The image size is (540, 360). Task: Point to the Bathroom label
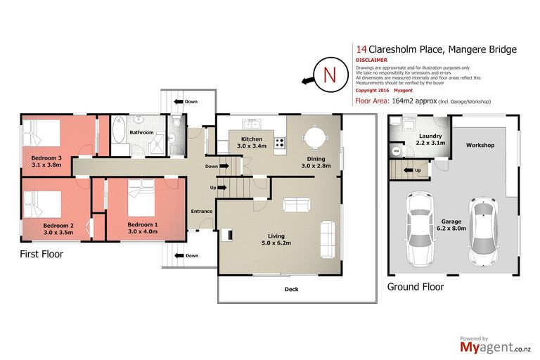pyautogui.click(x=141, y=132)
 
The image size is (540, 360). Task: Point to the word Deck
pyautogui.click(x=291, y=289)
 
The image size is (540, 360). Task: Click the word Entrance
pyautogui.click(x=202, y=212)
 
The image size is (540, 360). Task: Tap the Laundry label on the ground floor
pyautogui.click(x=430, y=136)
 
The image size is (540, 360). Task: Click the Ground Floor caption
pyautogui.click(x=415, y=287)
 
